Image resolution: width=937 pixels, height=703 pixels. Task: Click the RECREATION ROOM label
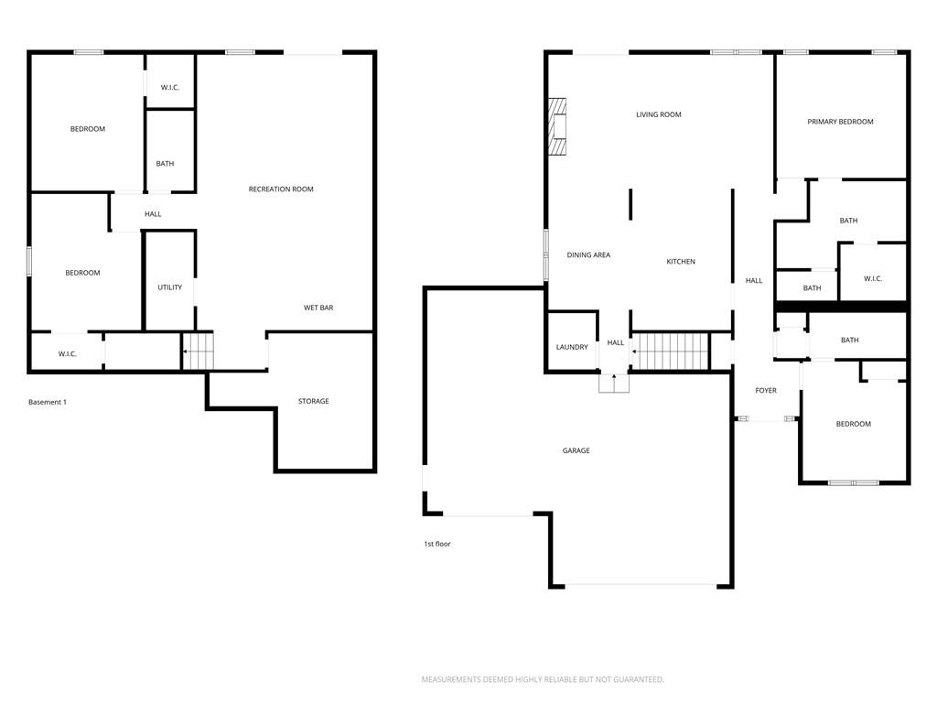pyautogui.click(x=281, y=189)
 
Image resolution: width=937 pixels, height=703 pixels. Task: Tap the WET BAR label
pyautogui.click(x=318, y=308)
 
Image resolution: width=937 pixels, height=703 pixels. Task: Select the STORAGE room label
pyautogui.click(x=314, y=401)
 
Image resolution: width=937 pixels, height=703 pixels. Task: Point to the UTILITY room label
pyautogui.click(x=169, y=287)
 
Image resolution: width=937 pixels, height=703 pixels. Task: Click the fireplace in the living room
pyautogui.click(x=557, y=127)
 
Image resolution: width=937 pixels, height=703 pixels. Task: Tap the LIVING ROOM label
pyautogui.click(x=659, y=114)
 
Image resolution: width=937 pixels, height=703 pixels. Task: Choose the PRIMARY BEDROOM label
pyautogui.click(x=840, y=122)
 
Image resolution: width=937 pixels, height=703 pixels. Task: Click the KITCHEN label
pyautogui.click(x=681, y=262)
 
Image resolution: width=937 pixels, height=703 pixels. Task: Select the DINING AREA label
pyautogui.click(x=588, y=255)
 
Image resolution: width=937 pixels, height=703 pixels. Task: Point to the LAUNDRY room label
pyautogui.click(x=572, y=347)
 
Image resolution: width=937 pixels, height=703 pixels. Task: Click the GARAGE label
pyautogui.click(x=576, y=450)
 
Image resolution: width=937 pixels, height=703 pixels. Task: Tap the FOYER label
pyautogui.click(x=766, y=391)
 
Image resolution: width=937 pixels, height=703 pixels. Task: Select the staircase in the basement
pyautogui.click(x=198, y=351)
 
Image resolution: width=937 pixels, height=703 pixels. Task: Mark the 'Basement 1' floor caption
pyautogui.click(x=48, y=403)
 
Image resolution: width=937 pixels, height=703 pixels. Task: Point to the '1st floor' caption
pyautogui.click(x=437, y=544)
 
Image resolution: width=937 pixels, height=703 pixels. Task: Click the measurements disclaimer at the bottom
pyautogui.click(x=543, y=680)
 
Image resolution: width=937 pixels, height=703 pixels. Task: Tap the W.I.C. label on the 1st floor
pyautogui.click(x=873, y=279)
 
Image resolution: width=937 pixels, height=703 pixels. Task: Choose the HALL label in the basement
pyautogui.click(x=153, y=214)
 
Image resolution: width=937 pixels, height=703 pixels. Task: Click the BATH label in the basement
pyautogui.click(x=165, y=164)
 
